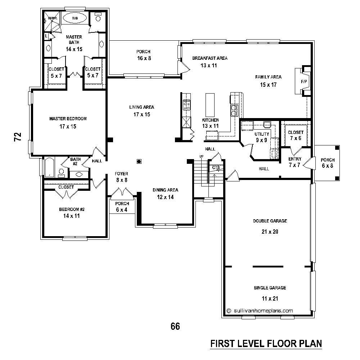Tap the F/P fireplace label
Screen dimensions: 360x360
304,82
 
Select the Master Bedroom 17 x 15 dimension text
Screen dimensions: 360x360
68,126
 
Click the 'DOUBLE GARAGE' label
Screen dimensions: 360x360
270,221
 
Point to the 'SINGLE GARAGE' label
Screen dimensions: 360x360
270,288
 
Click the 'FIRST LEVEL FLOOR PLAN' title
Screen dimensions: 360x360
266,343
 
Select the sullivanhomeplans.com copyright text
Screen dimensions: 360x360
260,310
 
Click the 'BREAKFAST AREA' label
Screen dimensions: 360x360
210,58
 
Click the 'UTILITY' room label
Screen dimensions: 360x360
261,134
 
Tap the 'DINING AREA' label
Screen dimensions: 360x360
165,190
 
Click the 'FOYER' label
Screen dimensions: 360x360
121,174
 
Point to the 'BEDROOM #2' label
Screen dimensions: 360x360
72,209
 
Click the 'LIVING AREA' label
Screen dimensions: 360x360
142,107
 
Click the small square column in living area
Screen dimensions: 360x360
139,161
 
